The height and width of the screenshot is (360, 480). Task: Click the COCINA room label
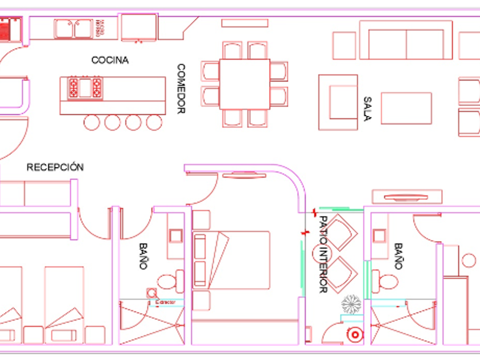point(110,60)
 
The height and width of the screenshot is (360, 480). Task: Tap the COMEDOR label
point(181,89)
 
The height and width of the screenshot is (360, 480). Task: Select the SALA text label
point(367,109)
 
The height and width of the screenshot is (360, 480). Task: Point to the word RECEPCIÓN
point(55,167)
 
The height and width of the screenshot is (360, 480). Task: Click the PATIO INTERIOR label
point(323,254)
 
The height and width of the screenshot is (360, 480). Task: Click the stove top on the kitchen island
point(85,88)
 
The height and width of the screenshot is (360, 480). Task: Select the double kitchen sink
point(73,28)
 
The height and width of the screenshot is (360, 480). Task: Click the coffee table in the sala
point(406,108)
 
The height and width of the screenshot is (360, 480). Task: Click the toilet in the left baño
point(168,281)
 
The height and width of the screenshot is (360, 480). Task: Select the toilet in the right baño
point(389,282)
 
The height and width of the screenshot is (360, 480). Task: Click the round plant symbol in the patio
point(351,303)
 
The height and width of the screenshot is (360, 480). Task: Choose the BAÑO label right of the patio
point(398,256)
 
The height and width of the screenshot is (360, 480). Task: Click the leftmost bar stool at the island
point(92,122)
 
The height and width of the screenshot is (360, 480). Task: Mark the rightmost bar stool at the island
point(154,122)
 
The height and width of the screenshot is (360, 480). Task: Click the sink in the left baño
point(175,236)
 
